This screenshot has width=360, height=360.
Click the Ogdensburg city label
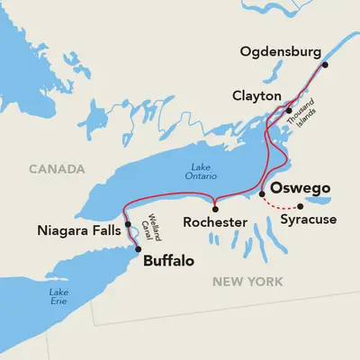[281, 50]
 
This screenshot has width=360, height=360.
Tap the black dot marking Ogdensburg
[325, 65]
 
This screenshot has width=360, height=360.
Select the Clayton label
[256, 94]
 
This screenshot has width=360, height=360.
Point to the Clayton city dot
[288, 111]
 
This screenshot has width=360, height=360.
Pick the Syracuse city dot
[300, 205]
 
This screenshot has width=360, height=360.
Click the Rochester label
[214, 220]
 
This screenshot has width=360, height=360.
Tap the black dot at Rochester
[215, 208]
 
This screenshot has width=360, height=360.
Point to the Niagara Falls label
[81, 230]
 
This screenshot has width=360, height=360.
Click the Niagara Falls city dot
[128, 225]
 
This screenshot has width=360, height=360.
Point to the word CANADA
[56, 168]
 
